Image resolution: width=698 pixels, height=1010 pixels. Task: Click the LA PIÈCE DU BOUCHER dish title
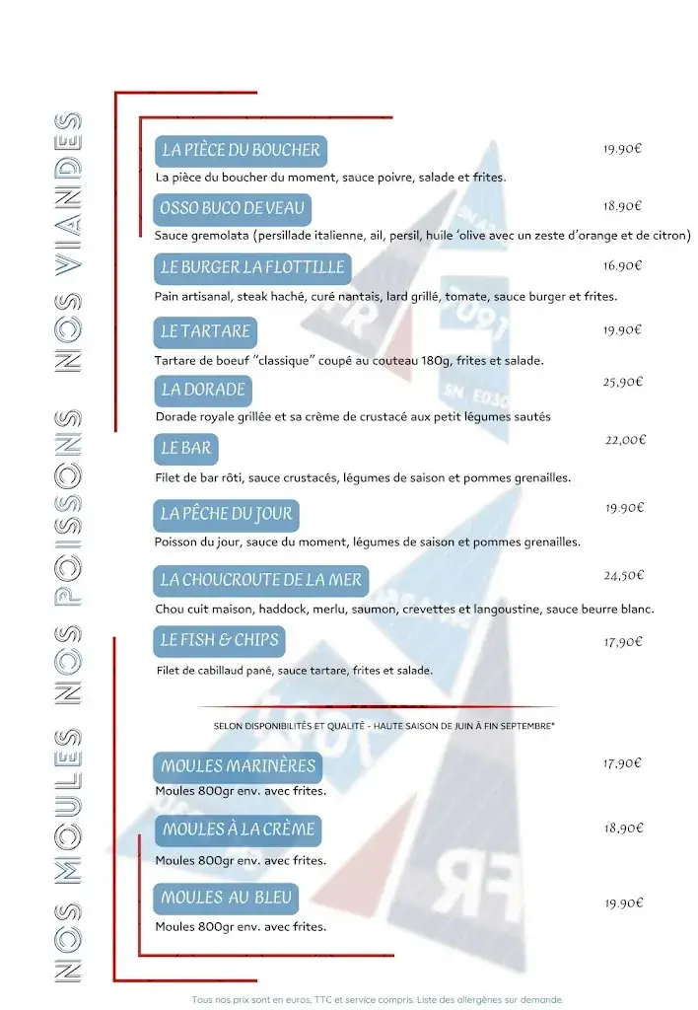pyautogui.click(x=241, y=150)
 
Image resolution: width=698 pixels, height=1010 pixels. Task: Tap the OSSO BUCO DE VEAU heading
pyautogui.click(x=233, y=209)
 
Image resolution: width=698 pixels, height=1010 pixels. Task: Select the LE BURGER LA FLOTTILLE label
pyautogui.click(x=252, y=267)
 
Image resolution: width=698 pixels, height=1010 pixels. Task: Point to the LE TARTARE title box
pyautogui.click(x=206, y=330)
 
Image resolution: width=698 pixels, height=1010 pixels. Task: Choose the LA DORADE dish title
pyautogui.click(x=203, y=390)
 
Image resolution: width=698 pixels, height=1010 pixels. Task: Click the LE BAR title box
pyautogui.click(x=186, y=449)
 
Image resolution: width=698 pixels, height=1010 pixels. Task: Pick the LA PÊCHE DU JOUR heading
pyautogui.click(x=227, y=514)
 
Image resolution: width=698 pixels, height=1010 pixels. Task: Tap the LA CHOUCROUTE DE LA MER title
pyautogui.click(x=261, y=580)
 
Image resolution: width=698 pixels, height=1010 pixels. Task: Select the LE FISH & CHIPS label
pyautogui.click(x=220, y=640)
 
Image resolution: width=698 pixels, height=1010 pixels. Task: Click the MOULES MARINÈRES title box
pyautogui.click(x=239, y=766)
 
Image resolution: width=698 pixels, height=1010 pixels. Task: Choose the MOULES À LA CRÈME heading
pyautogui.click(x=239, y=830)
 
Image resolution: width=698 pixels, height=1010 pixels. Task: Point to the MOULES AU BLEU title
pyautogui.click(x=227, y=898)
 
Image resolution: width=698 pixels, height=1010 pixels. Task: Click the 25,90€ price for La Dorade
pyautogui.click(x=623, y=382)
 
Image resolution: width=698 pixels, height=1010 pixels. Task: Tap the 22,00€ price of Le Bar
pyautogui.click(x=624, y=440)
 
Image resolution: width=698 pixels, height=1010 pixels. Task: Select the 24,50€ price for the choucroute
pyautogui.click(x=623, y=575)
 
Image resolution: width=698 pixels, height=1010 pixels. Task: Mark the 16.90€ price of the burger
pyautogui.click(x=623, y=265)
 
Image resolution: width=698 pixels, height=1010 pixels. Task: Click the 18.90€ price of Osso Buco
pyautogui.click(x=623, y=206)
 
